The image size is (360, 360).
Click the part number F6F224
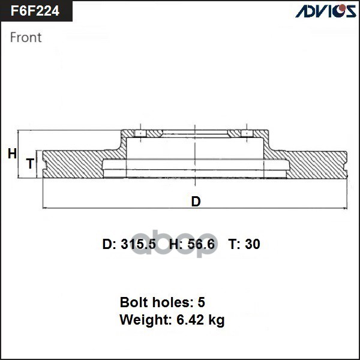(35, 10)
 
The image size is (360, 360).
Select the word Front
(26, 37)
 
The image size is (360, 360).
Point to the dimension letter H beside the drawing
(12, 154)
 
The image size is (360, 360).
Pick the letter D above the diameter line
(196, 202)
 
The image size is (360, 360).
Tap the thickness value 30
(253, 244)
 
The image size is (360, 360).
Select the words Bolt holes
(153, 302)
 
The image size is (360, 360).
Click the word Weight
(143, 320)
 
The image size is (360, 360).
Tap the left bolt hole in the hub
(140, 133)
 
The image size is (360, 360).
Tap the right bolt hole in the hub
(245, 133)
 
